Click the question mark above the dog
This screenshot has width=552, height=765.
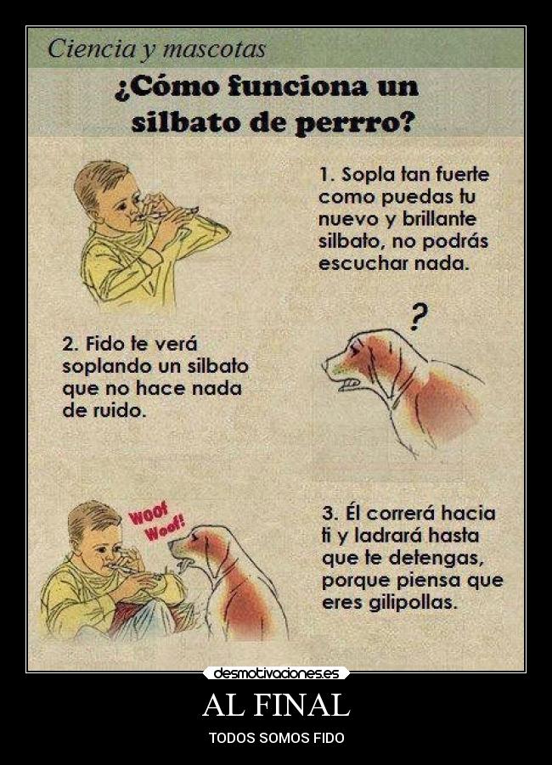pyautogui.click(x=417, y=315)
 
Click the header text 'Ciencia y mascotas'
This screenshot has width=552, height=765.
pyautogui.click(x=156, y=48)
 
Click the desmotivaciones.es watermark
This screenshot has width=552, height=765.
pyautogui.click(x=276, y=673)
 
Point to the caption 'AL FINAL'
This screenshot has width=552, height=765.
pyautogui.click(x=276, y=706)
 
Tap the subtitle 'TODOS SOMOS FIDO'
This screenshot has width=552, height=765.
pyautogui.click(x=276, y=738)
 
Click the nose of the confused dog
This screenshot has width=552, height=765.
pyautogui.click(x=325, y=364)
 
